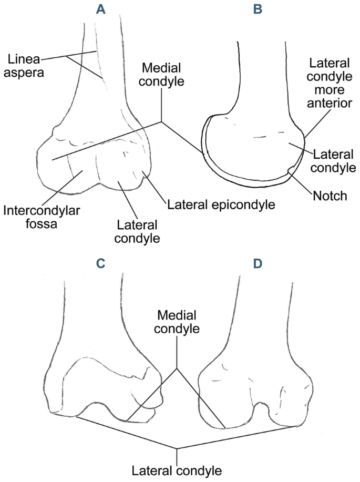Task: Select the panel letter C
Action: click(x=100, y=262)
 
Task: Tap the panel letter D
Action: click(x=259, y=262)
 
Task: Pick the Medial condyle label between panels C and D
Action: click(x=177, y=323)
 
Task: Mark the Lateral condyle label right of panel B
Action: click(x=334, y=161)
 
